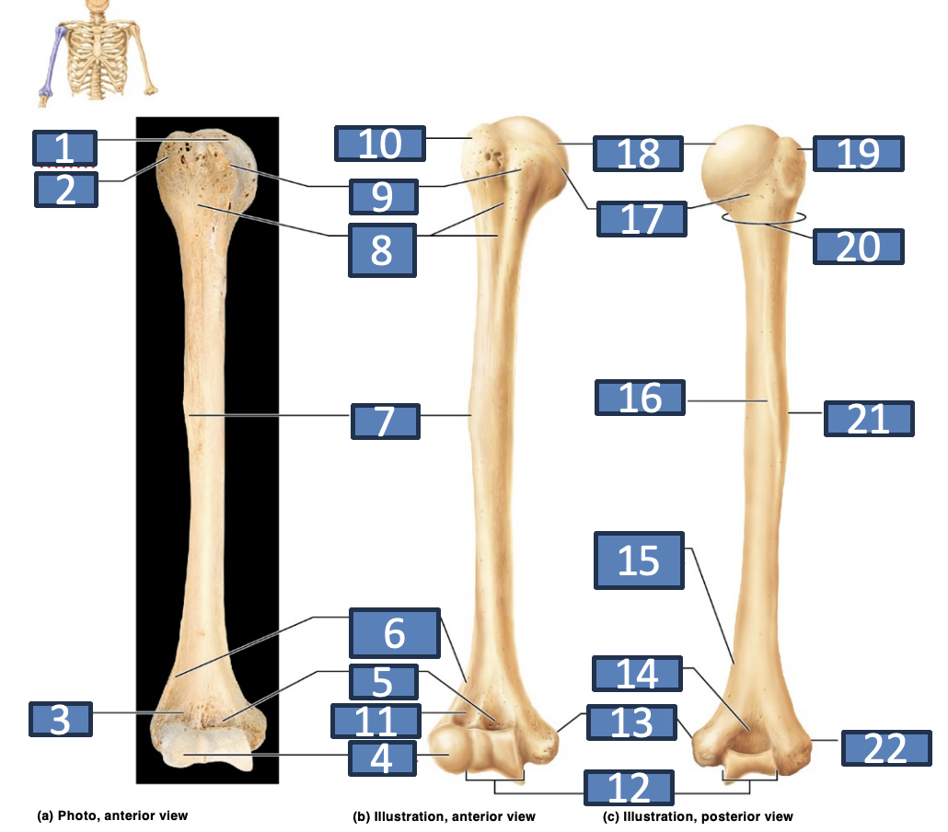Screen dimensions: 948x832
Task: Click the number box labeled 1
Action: coord(64,147)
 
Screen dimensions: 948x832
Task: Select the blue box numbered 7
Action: coord(385,422)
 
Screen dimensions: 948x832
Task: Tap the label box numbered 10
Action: coord(380,144)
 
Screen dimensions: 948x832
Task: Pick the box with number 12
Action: coord(629,788)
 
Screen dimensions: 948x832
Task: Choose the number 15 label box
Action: coord(639,560)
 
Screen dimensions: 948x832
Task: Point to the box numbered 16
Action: coord(641,398)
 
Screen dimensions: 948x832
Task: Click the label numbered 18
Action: coord(639,154)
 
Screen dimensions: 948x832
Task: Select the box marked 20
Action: coord(859,247)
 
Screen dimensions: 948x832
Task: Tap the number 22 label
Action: coord(886,748)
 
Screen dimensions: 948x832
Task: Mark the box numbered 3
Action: coord(61,719)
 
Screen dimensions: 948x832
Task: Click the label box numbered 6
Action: coord(395,633)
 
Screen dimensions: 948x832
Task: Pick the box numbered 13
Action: coord(631,722)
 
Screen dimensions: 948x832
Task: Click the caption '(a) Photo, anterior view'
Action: coord(112,815)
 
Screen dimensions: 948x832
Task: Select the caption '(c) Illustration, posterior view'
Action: coord(698,816)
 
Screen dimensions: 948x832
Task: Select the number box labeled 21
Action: coord(869,419)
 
